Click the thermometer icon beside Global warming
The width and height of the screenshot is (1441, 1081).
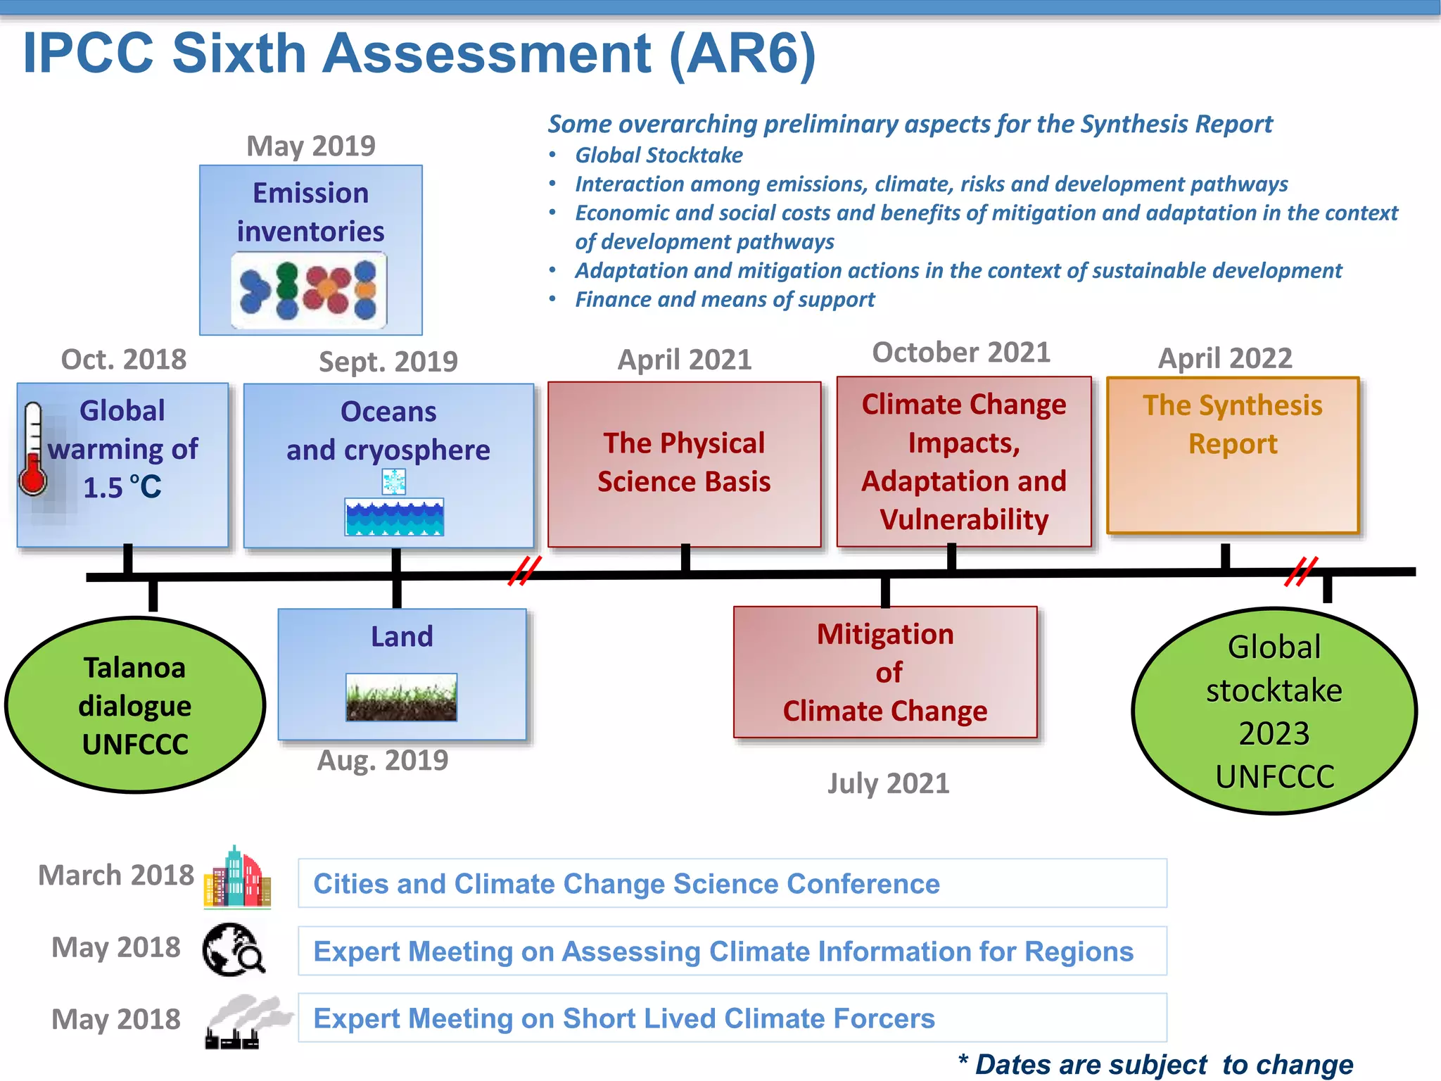(x=32, y=450)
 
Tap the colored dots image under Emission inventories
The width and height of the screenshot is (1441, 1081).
(x=309, y=290)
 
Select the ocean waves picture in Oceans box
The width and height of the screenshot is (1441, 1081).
(x=394, y=517)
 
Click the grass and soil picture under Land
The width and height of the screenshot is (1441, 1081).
(x=401, y=697)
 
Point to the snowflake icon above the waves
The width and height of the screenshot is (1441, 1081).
(x=394, y=482)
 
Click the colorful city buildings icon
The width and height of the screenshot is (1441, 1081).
(x=238, y=878)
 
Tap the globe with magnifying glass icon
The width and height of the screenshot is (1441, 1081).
(x=234, y=949)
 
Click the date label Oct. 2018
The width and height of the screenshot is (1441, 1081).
(x=124, y=360)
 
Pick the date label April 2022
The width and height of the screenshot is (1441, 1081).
(x=1225, y=358)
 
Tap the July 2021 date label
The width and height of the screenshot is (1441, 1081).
(x=888, y=783)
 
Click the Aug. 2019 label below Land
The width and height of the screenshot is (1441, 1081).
(x=383, y=760)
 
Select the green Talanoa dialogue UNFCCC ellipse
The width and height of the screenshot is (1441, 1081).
(x=135, y=705)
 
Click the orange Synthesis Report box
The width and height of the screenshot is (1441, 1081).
(x=1233, y=455)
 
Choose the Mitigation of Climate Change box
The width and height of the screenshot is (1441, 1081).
(x=885, y=672)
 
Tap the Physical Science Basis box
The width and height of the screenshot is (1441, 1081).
(x=684, y=464)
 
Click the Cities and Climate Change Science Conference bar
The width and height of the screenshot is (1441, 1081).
(x=732, y=883)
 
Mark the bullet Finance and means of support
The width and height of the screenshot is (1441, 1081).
(x=725, y=300)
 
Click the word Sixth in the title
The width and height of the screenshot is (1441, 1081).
(x=238, y=53)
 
